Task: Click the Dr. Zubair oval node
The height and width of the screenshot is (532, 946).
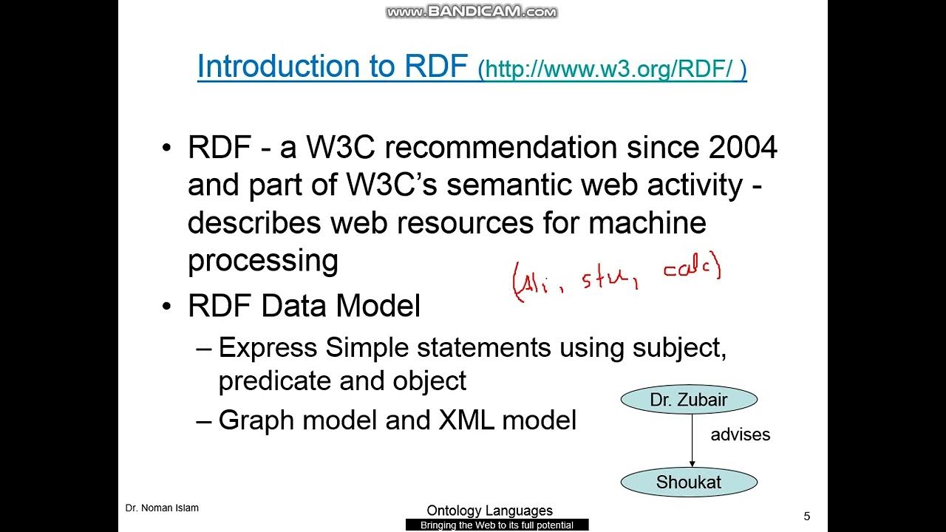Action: pyautogui.click(x=689, y=400)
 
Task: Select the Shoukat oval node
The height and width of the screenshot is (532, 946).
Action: pyautogui.click(x=689, y=482)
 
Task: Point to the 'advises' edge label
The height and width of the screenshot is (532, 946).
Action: pyautogui.click(x=740, y=434)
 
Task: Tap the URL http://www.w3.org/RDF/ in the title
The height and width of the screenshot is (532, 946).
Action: pyautogui.click(x=612, y=70)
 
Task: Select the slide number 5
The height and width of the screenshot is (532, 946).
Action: pyautogui.click(x=806, y=516)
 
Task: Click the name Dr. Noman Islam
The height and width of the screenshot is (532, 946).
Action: pyautogui.click(x=162, y=508)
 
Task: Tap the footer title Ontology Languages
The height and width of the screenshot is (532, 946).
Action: pyautogui.click(x=489, y=511)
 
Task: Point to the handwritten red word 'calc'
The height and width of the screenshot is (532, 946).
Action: pyautogui.click(x=690, y=269)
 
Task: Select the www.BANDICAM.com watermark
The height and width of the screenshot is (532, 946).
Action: pyautogui.click(x=472, y=12)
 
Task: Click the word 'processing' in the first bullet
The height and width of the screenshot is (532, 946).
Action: pyautogui.click(x=262, y=260)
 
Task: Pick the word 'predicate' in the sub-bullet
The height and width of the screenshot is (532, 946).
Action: pyautogui.click(x=275, y=381)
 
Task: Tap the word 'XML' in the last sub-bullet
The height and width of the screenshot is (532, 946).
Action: pyautogui.click(x=466, y=420)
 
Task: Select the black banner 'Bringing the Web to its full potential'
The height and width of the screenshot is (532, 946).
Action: pyautogui.click(x=497, y=525)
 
